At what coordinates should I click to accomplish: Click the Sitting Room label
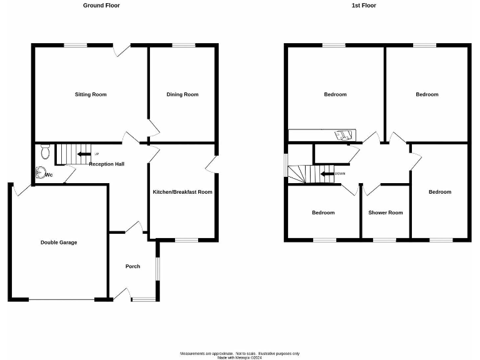(91, 95)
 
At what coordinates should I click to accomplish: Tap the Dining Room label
(182, 95)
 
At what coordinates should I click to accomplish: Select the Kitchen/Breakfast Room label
(182, 192)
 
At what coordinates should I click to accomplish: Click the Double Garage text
(59, 242)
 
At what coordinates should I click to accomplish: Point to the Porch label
(132, 266)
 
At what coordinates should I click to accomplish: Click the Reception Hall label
(106, 164)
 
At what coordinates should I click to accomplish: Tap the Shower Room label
(386, 212)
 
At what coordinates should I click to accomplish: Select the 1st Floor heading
(364, 6)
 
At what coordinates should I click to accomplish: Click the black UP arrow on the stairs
(83, 154)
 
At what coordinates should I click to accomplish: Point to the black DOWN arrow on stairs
(326, 174)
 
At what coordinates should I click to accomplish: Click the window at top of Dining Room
(182, 44)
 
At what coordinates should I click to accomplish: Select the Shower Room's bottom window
(384, 239)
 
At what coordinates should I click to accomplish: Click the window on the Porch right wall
(157, 269)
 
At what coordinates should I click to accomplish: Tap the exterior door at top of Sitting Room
(121, 49)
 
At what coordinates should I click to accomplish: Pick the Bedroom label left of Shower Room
(323, 212)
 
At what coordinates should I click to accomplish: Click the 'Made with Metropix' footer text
(240, 357)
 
